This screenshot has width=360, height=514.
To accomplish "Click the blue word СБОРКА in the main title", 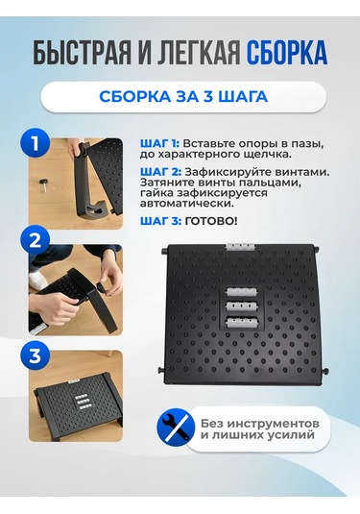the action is [287, 54].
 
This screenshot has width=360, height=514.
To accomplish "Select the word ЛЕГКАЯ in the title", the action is [195, 54].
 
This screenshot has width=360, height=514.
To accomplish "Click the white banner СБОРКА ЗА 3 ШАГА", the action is [183, 97].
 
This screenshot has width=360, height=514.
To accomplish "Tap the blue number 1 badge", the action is [36, 144].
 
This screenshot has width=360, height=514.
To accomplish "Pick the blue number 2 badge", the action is [36, 241].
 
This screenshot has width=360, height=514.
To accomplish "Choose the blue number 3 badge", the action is [36, 356].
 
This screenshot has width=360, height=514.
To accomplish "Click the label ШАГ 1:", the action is [159, 144].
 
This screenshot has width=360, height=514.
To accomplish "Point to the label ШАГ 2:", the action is [160, 172].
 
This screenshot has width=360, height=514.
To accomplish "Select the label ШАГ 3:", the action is [160, 221].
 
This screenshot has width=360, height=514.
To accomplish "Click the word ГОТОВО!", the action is [210, 221].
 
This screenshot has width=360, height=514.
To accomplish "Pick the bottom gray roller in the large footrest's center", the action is [240, 321].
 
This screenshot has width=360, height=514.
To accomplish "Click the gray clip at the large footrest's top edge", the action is [240, 247].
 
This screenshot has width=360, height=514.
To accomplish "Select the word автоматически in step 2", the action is [187, 204].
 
